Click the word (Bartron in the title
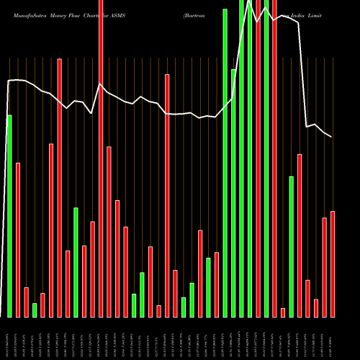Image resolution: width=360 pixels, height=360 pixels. pyautogui.click(x=196, y=14)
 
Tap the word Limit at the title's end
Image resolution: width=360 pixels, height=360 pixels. pyautogui.click(x=316, y=14)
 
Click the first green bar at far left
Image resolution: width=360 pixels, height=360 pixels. pyautogui.click(x=9, y=216)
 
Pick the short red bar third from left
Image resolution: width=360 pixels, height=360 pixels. pyautogui.click(x=26, y=302)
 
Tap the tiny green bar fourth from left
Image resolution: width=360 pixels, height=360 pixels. pyautogui.click(x=35, y=310)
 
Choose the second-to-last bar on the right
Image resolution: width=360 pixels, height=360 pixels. pyautogui.click(x=325, y=267)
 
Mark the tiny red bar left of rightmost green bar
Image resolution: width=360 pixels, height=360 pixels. pyautogui.click(x=283, y=312)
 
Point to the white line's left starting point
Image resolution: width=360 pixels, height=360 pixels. pyautogui.click(x=8, y=81)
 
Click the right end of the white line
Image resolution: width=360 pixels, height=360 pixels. pyautogui.click(x=332, y=137)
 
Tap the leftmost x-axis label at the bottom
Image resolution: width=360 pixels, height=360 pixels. pyautogui.click(x=9, y=338)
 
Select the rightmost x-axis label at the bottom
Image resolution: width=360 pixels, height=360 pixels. pyautogui.click(x=333, y=338)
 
